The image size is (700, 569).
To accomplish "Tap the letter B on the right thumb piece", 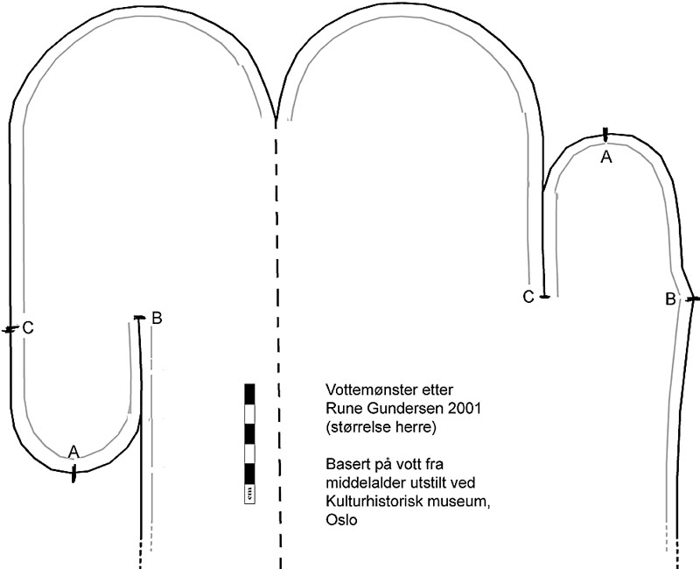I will click(669, 299).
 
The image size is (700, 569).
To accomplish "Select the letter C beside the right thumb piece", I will click(528, 297).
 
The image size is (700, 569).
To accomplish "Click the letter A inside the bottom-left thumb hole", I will click(73, 452).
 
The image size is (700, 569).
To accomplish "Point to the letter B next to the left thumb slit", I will click(157, 318).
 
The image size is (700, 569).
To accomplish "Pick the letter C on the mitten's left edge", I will click(28, 328).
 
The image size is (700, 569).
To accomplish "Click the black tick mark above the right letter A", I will click(605, 134).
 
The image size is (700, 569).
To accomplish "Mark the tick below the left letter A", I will click(74, 474).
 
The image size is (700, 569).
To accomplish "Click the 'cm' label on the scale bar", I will click(250, 495).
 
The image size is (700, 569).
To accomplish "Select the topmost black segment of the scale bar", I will click(250, 392).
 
